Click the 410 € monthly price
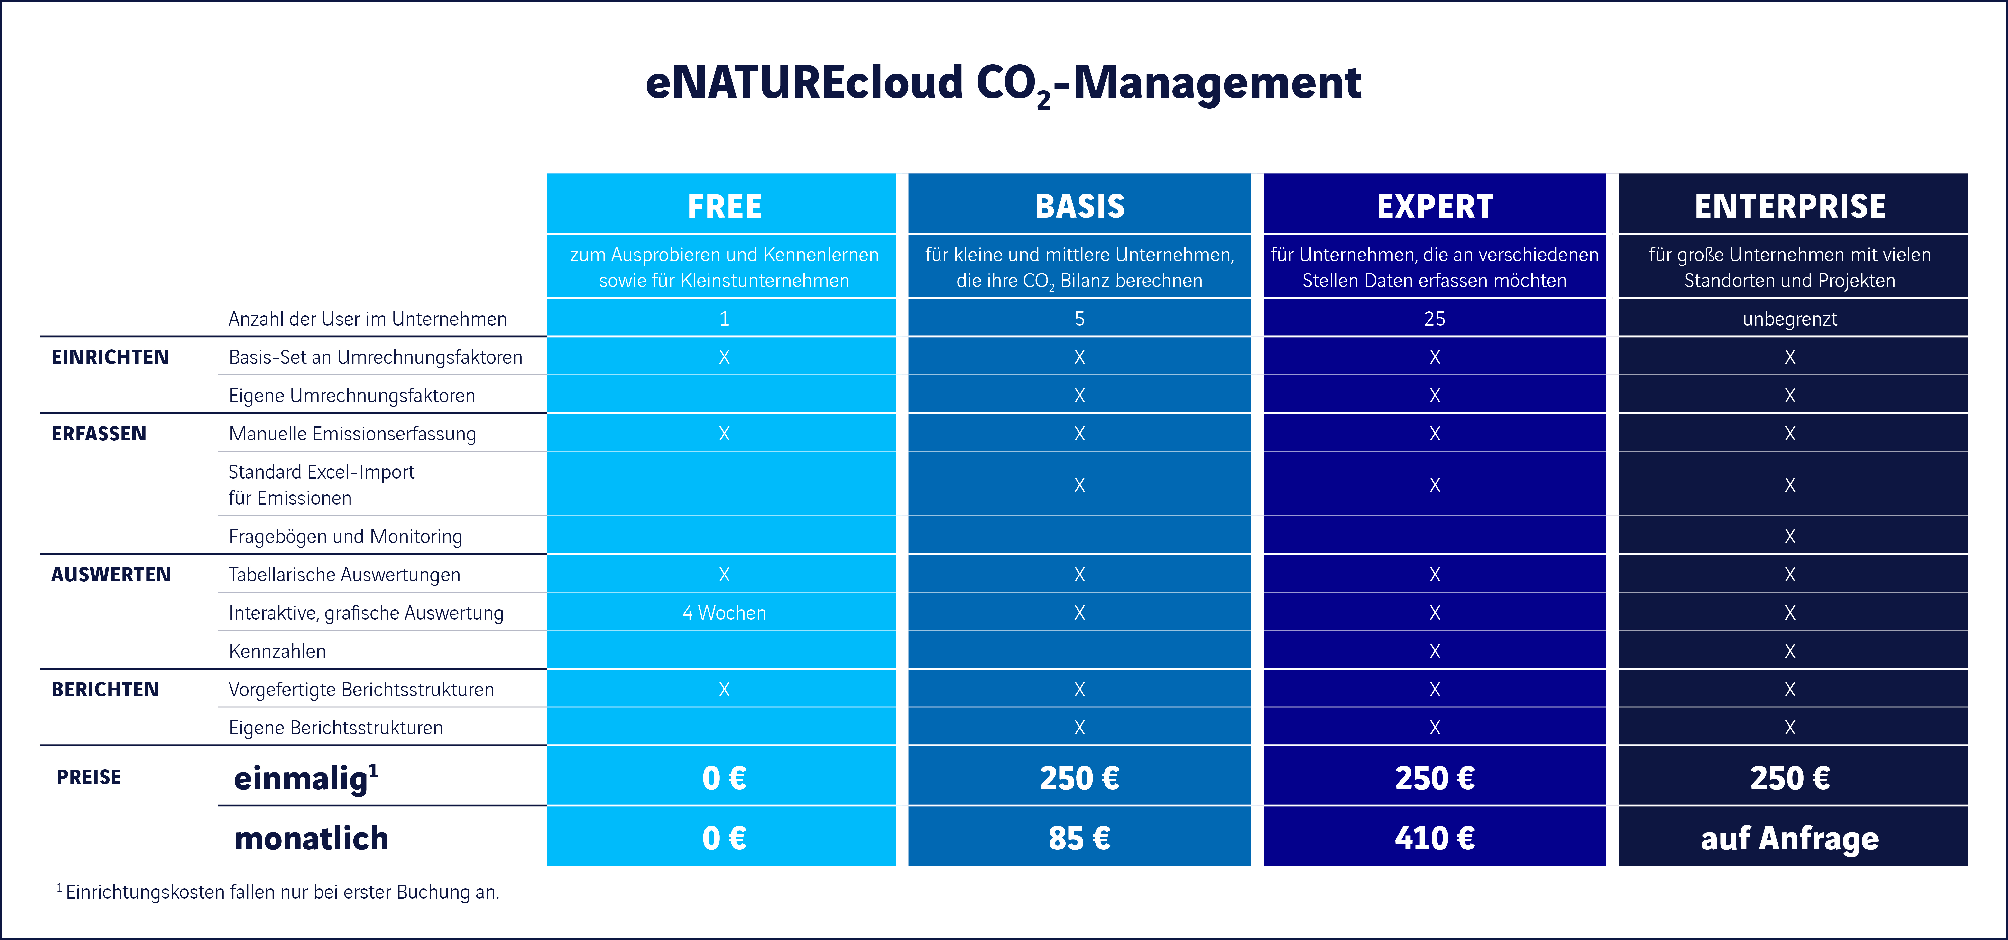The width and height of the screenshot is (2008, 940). pyautogui.click(x=1434, y=838)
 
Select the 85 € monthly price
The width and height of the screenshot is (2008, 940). pyautogui.click(x=1080, y=838)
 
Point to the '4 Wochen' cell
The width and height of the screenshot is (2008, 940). pyautogui.click(x=724, y=613)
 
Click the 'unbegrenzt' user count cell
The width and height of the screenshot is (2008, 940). pyautogui.click(x=1790, y=319)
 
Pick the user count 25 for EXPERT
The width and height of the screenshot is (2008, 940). pyautogui.click(x=1434, y=319)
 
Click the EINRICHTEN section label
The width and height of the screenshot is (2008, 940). pyautogui.click(x=110, y=357)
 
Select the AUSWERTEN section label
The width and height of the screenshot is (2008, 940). pyautogui.click(x=111, y=575)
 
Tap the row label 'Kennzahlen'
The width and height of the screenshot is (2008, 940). pyautogui.click(x=277, y=651)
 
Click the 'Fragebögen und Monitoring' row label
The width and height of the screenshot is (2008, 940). pyautogui.click(x=345, y=536)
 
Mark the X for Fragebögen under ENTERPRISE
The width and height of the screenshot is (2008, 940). pyautogui.click(x=1790, y=536)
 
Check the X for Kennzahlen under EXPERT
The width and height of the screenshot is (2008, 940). pyautogui.click(x=1434, y=651)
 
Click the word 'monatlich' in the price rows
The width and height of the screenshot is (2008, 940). pyautogui.click(x=311, y=838)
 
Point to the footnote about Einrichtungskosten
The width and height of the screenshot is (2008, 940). pyautogui.click(x=278, y=892)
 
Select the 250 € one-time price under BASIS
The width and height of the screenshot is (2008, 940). pyautogui.click(x=1080, y=778)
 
